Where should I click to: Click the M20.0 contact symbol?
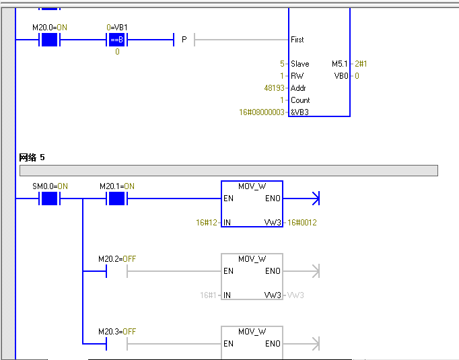pos(49,40)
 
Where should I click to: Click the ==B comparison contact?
pos(117,40)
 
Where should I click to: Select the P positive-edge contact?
pos(184,40)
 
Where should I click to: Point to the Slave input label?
pos(299,64)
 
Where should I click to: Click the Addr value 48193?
pos(275,88)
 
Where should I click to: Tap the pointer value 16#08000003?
pos(262,112)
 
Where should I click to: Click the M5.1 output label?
pos(340,64)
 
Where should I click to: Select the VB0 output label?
pos(341,76)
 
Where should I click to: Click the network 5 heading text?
pos(32,157)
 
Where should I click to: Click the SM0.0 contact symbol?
pos(49,199)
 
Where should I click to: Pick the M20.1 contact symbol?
pos(117,199)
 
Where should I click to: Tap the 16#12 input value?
pos(206,222)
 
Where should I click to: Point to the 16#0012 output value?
pos(302,222)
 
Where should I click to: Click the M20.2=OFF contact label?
pos(117,258)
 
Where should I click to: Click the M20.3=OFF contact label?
pos(117,331)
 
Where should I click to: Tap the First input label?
pos(297,40)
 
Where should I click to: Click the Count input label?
pos(300,100)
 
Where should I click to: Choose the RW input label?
pos(297,76)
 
